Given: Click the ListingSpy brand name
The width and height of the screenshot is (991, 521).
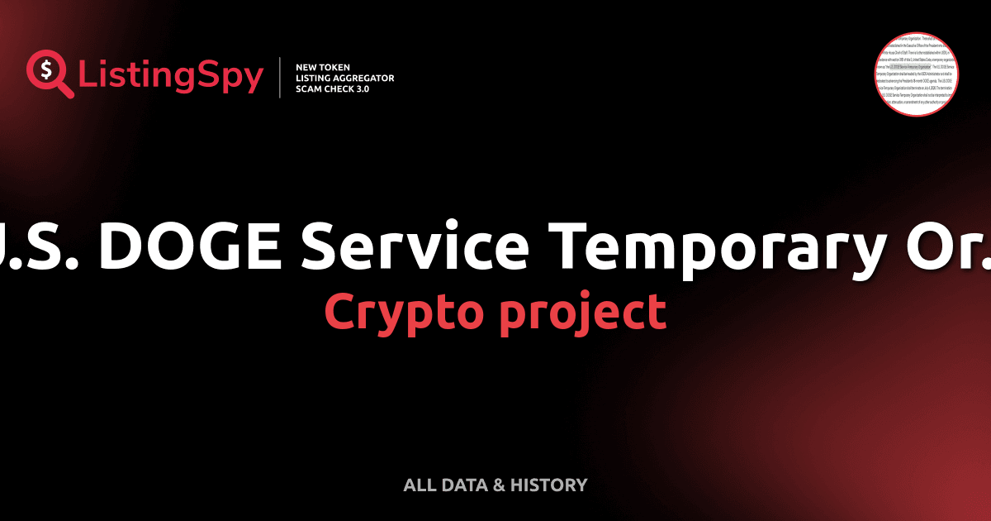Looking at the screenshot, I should [170, 76].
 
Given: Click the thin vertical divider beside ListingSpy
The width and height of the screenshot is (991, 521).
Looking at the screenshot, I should [282, 77].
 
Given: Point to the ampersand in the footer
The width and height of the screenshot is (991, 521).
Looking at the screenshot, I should [499, 485].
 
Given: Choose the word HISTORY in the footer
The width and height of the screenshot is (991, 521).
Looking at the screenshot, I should [548, 485].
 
